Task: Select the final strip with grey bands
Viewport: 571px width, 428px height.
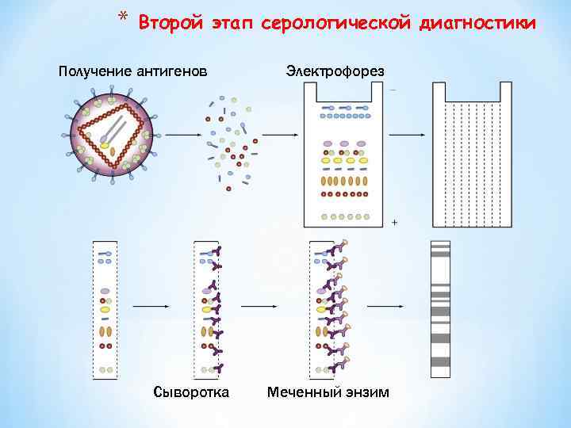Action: pyautogui.click(x=440, y=309)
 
